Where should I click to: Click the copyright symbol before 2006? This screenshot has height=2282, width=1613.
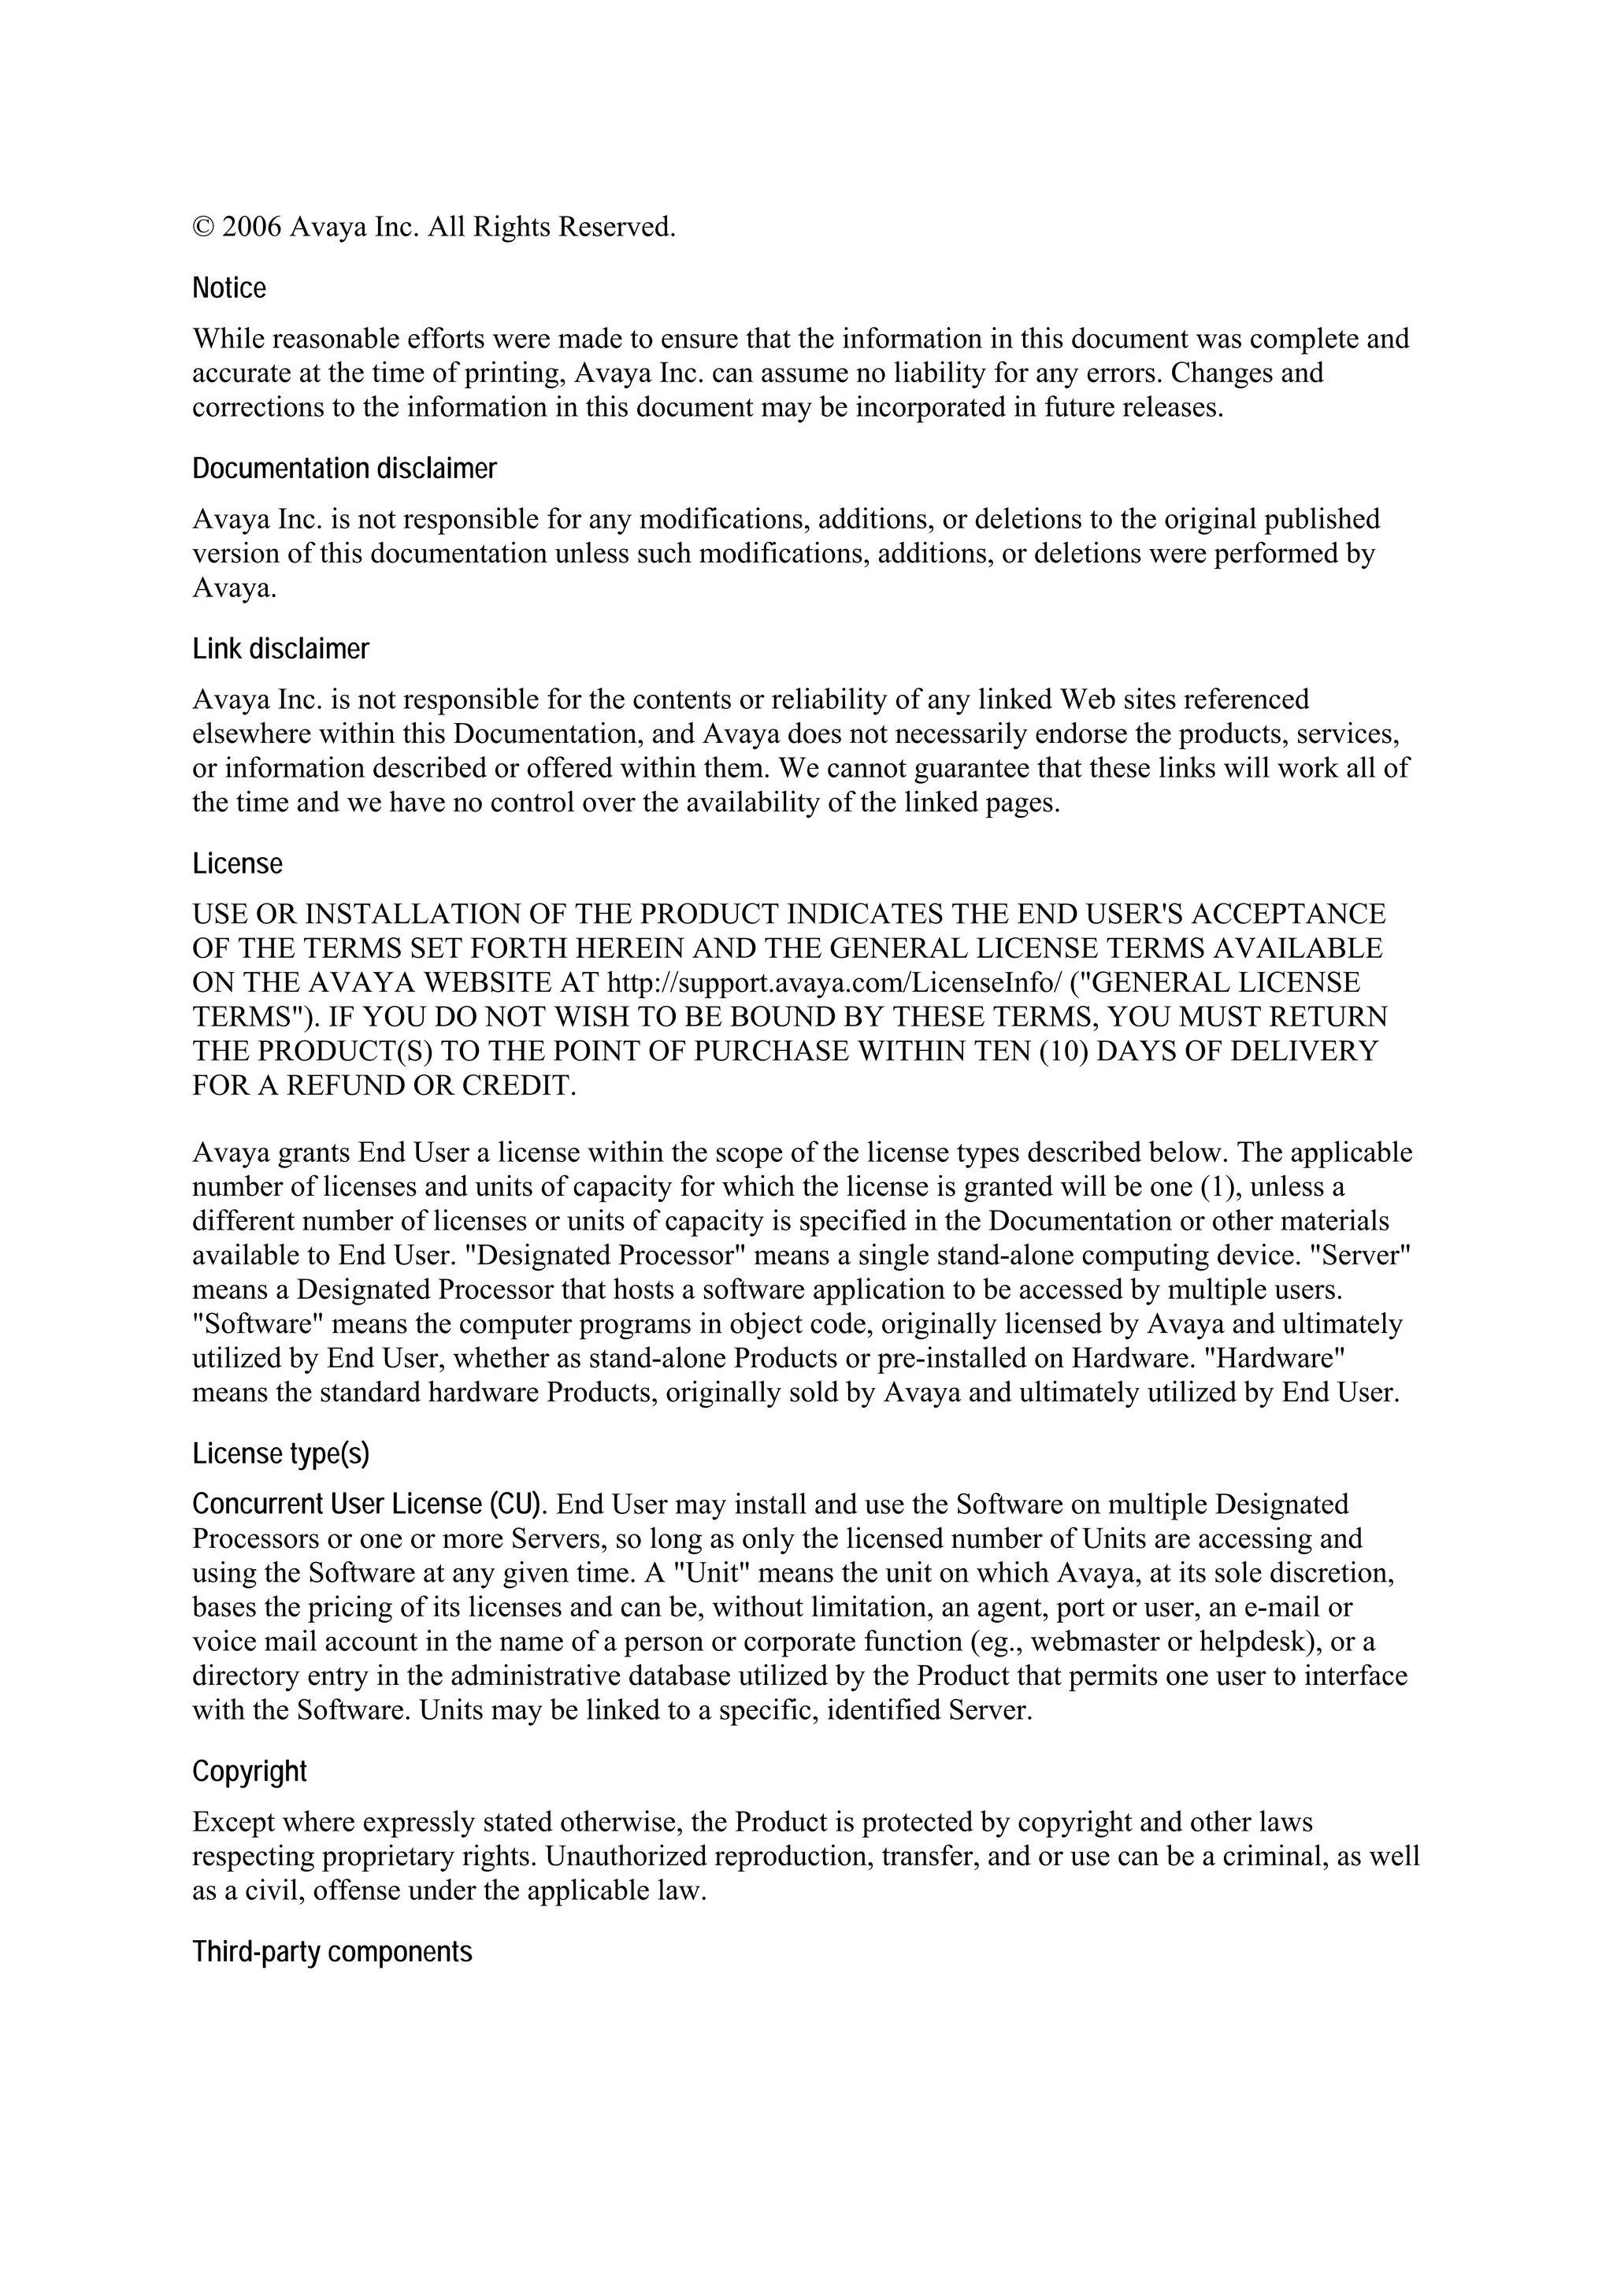click(202, 228)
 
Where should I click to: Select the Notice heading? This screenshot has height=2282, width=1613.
click(229, 288)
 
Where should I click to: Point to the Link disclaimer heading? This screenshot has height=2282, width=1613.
click(280, 649)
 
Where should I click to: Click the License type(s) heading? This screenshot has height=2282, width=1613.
click(280, 1454)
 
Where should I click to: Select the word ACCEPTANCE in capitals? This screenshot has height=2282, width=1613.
click(1288, 915)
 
